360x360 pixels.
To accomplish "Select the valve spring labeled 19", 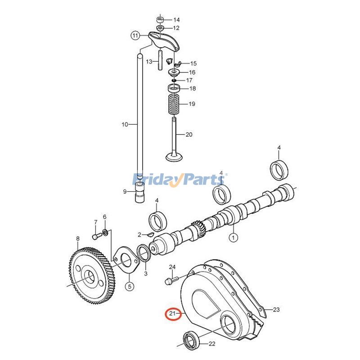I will tap(174, 104).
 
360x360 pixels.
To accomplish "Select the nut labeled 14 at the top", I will tap(160, 20).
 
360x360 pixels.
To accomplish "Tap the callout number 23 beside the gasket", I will tap(276, 310).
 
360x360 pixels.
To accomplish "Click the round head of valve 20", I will tap(174, 157).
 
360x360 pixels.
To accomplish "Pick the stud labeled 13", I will tap(160, 61).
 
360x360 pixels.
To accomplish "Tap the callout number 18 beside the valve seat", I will tap(192, 89).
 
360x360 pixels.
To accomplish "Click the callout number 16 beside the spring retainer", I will tap(192, 72).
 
